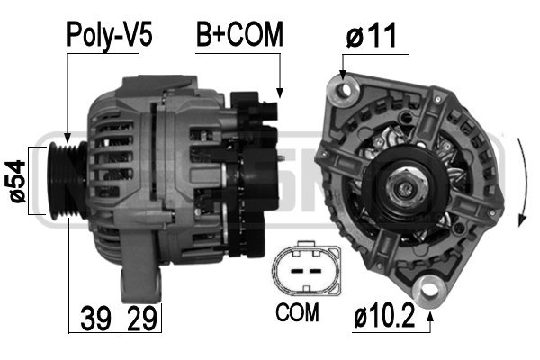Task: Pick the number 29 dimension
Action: tap(138, 318)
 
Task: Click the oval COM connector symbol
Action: tap(306, 269)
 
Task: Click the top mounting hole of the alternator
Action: tap(341, 87)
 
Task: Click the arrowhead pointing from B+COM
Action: tap(280, 93)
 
